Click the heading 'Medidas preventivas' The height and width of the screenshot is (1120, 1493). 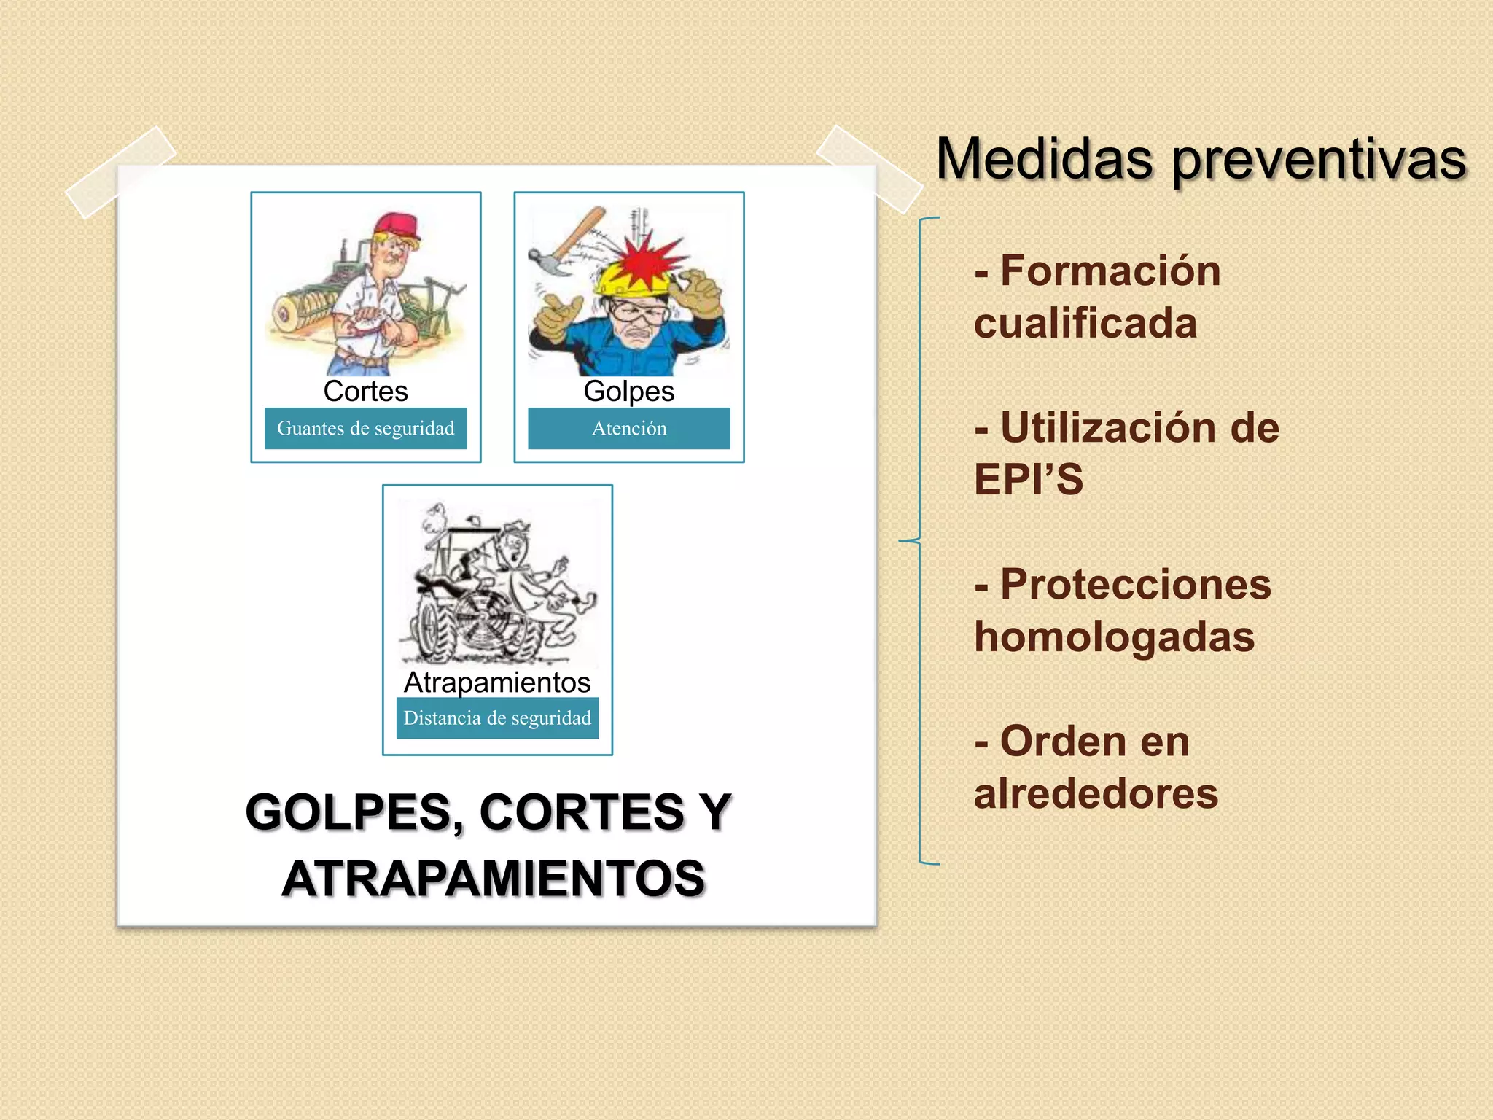click(x=1201, y=159)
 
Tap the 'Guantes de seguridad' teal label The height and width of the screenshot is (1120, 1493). click(x=365, y=428)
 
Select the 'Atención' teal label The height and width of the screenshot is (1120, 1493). click(x=629, y=428)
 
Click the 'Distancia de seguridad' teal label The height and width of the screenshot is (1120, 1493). click(x=497, y=718)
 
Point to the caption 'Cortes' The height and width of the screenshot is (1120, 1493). click(x=365, y=392)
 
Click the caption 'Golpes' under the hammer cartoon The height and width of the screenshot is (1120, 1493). click(x=629, y=392)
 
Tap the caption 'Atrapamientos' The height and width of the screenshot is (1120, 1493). click(x=497, y=682)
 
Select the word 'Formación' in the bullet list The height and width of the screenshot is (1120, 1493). click(x=1110, y=271)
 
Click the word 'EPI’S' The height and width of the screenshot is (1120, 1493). click(x=1029, y=480)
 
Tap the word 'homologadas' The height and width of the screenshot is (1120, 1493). click(x=1114, y=637)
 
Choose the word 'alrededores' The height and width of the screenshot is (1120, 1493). click(x=1096, y=793)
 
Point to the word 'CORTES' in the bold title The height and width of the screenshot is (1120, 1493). click(x=582, y=812)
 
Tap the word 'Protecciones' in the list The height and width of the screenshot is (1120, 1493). click(x=1135, y=585)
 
